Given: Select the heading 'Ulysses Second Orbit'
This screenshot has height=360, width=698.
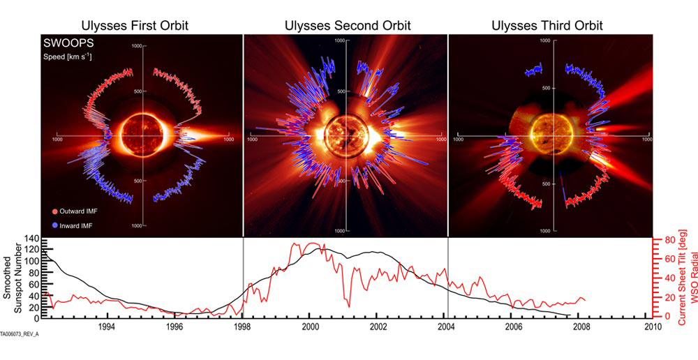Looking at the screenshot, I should click(348, 26).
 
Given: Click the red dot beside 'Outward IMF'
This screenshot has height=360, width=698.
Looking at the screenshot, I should click(54, 210).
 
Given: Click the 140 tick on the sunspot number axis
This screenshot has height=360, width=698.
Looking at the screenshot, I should click(32, 240).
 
